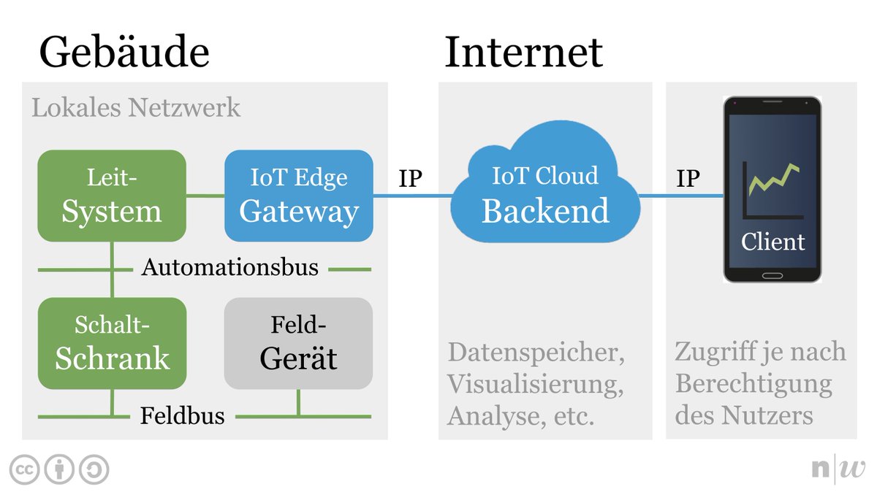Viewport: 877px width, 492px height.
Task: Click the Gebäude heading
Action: pos(124,53)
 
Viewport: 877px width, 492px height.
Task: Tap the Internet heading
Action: pos(523,53)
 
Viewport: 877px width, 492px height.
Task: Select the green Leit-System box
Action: pos(112,196)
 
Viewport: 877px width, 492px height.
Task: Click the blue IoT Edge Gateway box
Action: pos(299,196)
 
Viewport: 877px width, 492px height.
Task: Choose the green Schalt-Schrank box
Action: pos(112,343)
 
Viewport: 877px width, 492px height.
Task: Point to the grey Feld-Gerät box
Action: pos(298,343)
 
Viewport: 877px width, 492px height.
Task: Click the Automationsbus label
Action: pos(230,268)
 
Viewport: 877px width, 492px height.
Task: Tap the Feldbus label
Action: pos(182,416)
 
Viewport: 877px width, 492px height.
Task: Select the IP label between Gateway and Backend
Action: pos(410,179)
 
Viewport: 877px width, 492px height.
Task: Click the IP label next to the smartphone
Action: pos(687,179)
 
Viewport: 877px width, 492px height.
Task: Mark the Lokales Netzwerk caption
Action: pos(136,108)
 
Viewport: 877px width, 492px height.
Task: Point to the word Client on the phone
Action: pos(772,241)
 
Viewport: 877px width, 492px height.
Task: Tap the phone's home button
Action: pos(772,276)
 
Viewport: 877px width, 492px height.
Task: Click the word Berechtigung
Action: pos(753,384)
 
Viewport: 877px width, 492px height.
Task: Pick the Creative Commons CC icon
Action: pos(24,470)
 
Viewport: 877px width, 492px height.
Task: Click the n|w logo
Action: pos(838,469)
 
